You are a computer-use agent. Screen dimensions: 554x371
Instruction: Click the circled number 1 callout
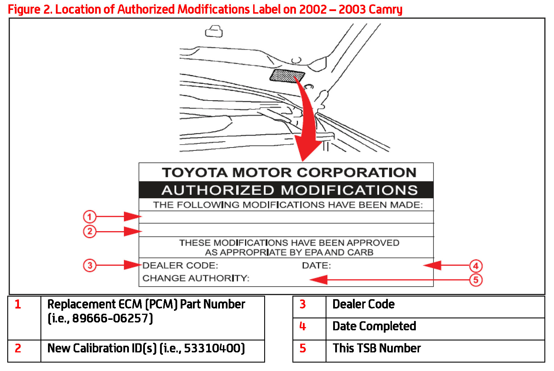tap(90, 217)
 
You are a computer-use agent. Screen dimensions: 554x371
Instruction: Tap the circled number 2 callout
tap(90, 232)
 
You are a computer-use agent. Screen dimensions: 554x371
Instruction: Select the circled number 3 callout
tap(90, 265)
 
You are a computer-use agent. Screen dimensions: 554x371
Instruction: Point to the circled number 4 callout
tap(476, 266)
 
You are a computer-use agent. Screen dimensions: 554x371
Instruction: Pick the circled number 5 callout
tap(476, 280)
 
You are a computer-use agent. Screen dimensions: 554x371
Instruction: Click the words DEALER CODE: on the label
tap(180, 265)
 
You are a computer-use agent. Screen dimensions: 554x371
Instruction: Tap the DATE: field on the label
tap(316, 265)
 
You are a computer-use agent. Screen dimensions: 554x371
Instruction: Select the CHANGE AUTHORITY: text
tap(196, 278)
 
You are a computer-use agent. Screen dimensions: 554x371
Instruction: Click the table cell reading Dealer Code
tap(363, 304)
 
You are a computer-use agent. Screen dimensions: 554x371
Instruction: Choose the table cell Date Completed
tap(374, 326)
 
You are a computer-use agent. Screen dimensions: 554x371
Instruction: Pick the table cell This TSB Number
tap(377, 348)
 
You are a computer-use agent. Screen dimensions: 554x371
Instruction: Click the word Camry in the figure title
tap(385, 9)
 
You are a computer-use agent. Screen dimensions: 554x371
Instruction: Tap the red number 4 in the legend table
tap(303, 326)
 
